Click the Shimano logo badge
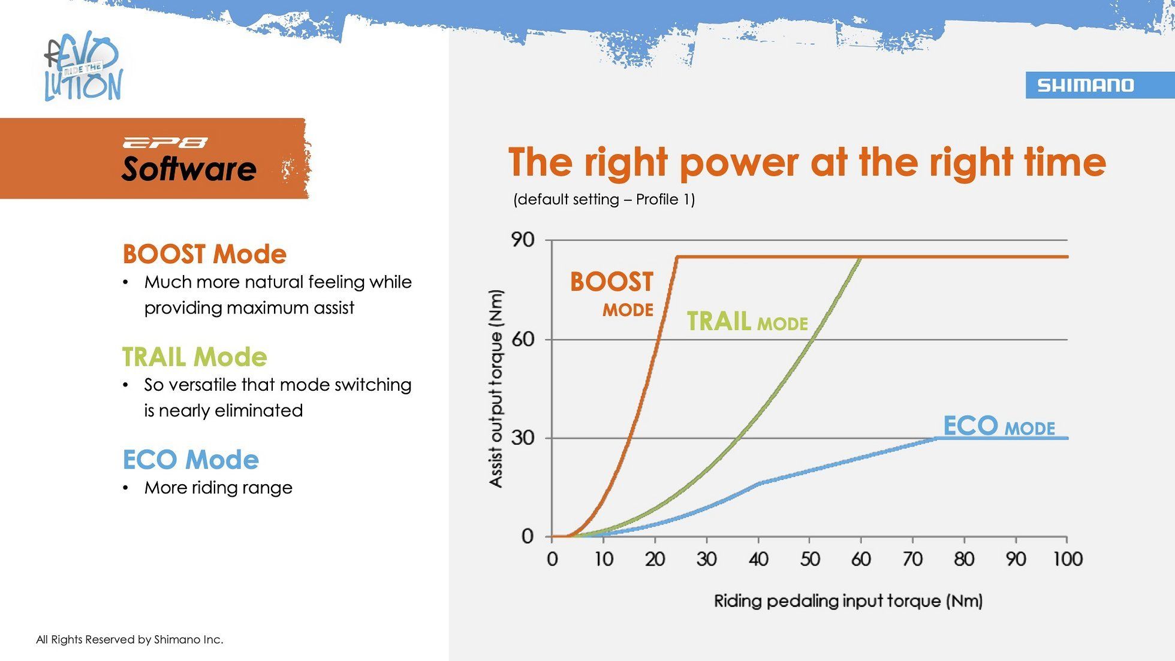coord(1100,85)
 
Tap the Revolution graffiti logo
coord(84,67)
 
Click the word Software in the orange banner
coord(189,168)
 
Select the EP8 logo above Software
coord(165,143)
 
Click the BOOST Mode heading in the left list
coord(204,254)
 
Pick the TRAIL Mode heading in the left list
coord(195,357)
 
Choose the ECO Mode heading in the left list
coord(191,460)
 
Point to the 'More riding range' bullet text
coord(218,488)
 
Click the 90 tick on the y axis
coord(522,240)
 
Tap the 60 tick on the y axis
coord(522,339)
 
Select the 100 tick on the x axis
coord(1068,559)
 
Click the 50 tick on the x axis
coord(810,559)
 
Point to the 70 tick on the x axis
coord(913,559)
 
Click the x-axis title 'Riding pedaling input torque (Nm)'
coord(848,601)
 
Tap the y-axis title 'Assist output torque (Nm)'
coord(496,388)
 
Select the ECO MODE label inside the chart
coord(999,426)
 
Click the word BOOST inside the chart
coord(611,282)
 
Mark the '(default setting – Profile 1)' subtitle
coord(604,200)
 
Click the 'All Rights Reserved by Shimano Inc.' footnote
coord(129,639)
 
